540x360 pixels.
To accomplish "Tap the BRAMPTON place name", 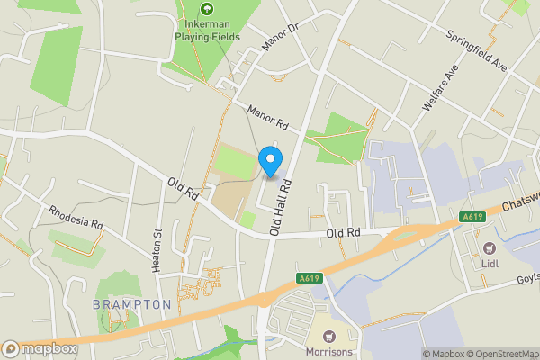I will click(131, 304).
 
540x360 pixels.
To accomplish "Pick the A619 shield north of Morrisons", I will click(308, 277).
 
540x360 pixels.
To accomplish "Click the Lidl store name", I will click(489, 264).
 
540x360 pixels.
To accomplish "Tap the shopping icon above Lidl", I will click(490, 247).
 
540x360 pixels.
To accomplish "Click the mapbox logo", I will click(40, 349).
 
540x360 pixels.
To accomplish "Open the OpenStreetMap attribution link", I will click(501, 354).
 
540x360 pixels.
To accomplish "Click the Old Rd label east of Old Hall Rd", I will click(343, 232).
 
